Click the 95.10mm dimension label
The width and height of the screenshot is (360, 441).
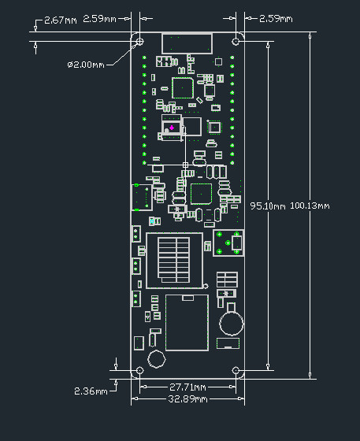pos(268,206)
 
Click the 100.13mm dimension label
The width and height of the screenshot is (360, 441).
pos(310,206)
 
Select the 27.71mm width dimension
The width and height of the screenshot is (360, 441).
pos(187,387)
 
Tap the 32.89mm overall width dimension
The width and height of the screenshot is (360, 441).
pos(187,399)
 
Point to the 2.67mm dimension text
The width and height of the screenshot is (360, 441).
pos(60,19)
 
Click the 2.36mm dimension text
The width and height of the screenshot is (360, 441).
pos(91,391)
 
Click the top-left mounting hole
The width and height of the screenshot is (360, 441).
pos(140,40)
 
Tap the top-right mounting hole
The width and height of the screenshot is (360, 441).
pos(236,40)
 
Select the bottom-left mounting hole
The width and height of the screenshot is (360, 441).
pos(140,370)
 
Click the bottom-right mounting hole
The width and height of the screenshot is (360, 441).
pos(236,370)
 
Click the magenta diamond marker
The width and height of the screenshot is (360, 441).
pos(172,128)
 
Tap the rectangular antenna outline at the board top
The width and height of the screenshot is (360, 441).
pos(187,43)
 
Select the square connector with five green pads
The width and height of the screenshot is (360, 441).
pos(228,243)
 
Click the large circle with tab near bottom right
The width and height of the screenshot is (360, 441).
pos(232,321)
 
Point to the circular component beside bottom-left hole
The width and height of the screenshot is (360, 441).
pos(156,359)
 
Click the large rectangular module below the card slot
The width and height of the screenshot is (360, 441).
pos(187,321)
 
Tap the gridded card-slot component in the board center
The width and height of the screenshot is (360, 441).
pos(175,257)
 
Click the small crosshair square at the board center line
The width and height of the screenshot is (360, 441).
pos(186,165)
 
